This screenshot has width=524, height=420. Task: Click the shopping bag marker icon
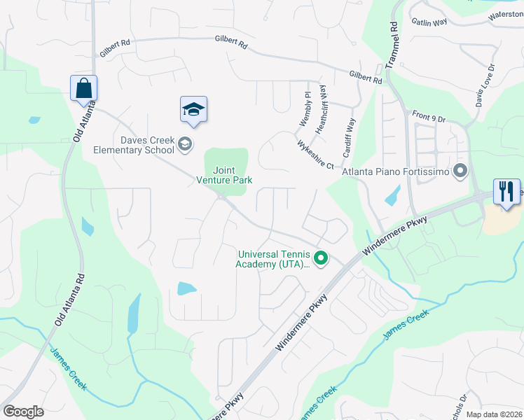click(x=83, y=89)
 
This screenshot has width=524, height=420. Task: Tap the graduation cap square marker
click(x=193, y=110)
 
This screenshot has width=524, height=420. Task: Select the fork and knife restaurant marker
click(x=506, y=191)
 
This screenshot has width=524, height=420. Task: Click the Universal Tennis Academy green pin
click(x=321, y=259)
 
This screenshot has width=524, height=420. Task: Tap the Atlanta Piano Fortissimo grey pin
click(x=460, y=171)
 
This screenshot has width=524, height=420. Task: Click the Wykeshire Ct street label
click(x=315, y=154)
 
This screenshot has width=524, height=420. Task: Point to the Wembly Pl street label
click(x=305, y=108)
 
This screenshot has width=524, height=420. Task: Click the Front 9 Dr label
click(x=429, y=118)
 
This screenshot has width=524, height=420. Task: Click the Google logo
click(x=23, y=412)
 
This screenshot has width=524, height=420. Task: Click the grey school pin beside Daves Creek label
click(x=184, y=145)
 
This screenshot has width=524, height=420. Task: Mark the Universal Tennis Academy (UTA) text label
click(x=273, y=259)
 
